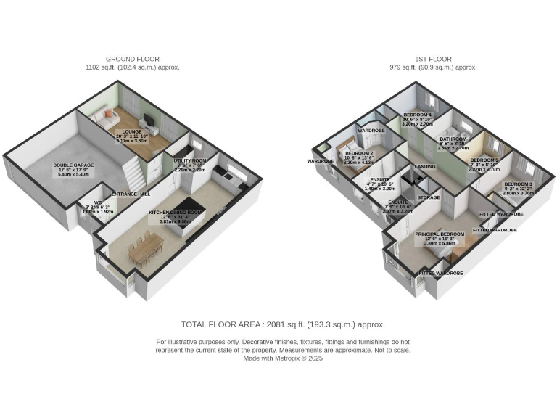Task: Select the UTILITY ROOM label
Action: (189, 160)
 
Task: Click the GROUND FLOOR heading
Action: (133, 59)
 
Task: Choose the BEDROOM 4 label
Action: (418, 115)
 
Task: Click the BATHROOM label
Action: (453, 137)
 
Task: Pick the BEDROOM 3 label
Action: (519, 184)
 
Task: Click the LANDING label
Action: (424, 167)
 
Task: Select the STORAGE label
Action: (429, 197)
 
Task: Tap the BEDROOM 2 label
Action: (359, 154)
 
